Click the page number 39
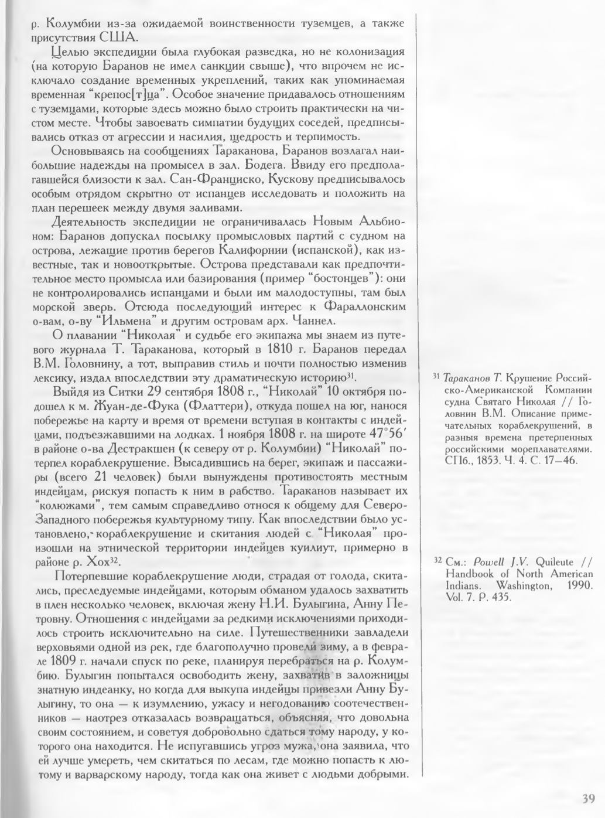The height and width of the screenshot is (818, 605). coord(589,798)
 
